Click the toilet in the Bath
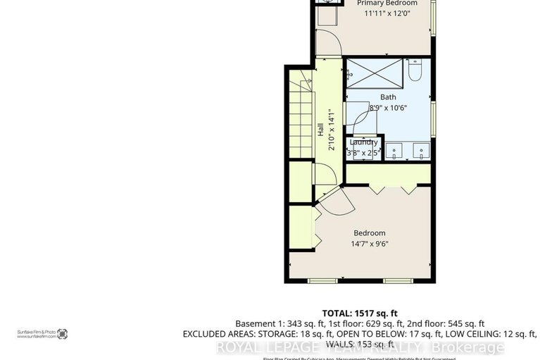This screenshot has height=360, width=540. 415,71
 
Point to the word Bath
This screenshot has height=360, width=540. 388,97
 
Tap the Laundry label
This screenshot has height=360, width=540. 363,142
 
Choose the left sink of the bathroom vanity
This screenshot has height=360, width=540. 394,149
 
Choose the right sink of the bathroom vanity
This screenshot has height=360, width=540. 420,149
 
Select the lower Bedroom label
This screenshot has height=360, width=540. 369,233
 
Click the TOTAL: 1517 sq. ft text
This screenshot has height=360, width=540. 360,312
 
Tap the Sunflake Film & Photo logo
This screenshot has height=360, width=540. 62,333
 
